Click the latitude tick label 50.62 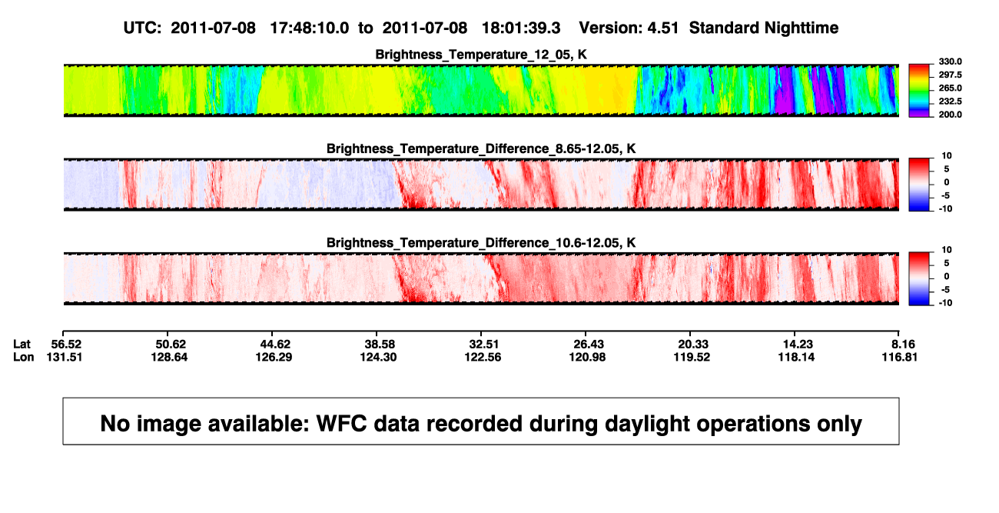pyautogui.click(x=169, y=345)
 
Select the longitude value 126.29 pyautogui.click(x=274, y=357)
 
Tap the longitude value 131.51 pyautogui.click(x=65, y=357)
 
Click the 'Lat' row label pyautogui.click(x=22, y=345)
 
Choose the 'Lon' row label pyautogui.click(x=24, y=357)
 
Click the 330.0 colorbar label pyautogui.click(x=950, y=62)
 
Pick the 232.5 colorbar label pyautogui.click(x=950, y=102)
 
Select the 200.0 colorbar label pyautogui.click(x=950, y=115)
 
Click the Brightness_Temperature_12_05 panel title pyautogui.click(x=481, y=55)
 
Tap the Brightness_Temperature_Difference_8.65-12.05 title pyautogui.click(x=481, y=148)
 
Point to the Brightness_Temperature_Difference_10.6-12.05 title pyautogui.click(x=481, y=243)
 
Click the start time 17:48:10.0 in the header pyautogui.click(x=310, y=28)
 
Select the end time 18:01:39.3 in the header pyautogui.click(x=521, y=28)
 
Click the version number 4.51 pyautogui.click(x=662, y=28)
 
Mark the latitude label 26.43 pyautogui.click(x=588, y=345)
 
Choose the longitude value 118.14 pyautogui.click(x=797, y=357)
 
